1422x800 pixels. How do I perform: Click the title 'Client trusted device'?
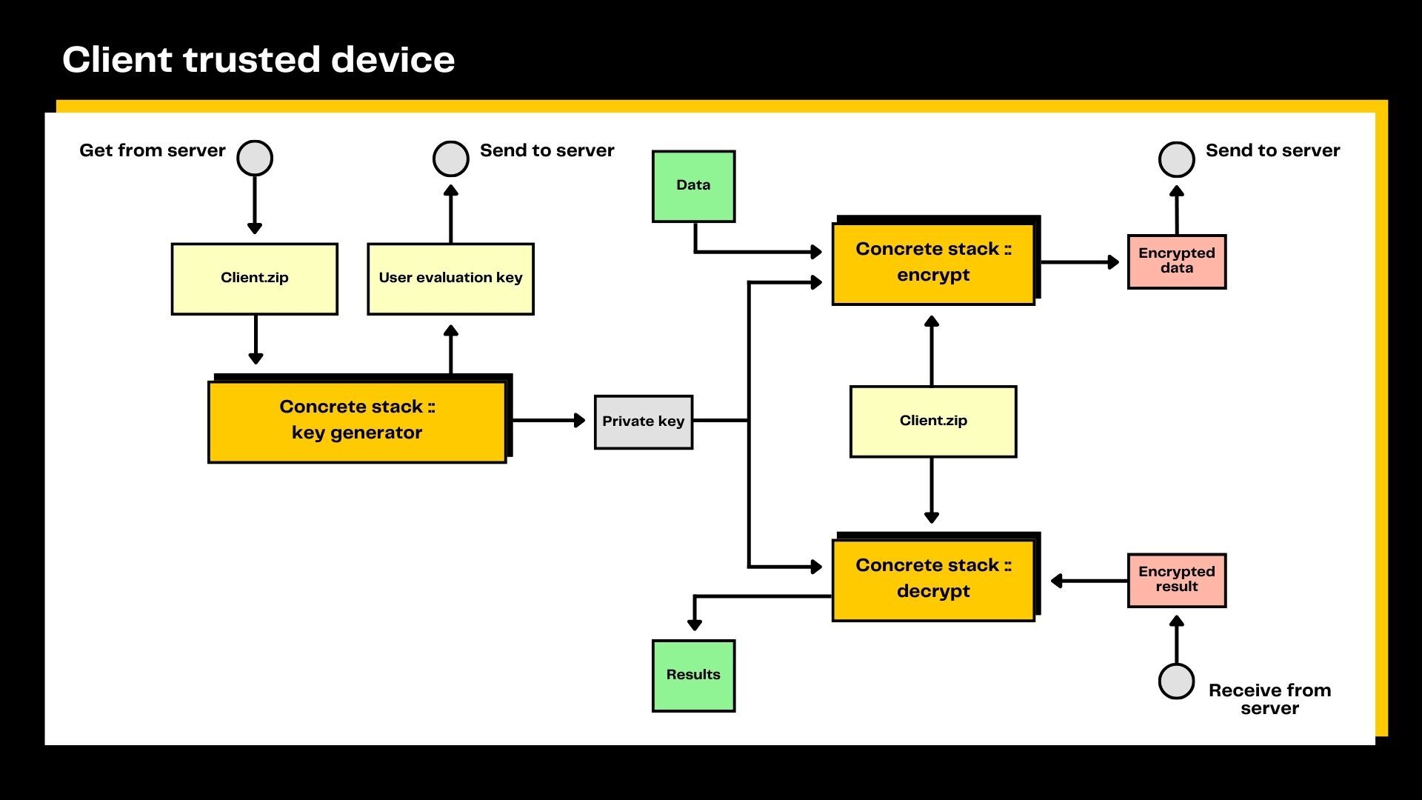point(258,59)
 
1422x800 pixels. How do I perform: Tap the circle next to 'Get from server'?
point(255,159)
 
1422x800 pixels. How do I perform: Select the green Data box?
point(693,186)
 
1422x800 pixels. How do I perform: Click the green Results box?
point(693,676)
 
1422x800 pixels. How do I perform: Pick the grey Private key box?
point(644,421)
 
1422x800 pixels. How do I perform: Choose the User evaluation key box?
point(450,279)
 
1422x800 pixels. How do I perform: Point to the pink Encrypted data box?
point(1177,261)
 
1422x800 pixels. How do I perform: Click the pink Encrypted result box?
point(1177,580)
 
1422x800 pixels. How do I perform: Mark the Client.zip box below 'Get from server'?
point(255,279)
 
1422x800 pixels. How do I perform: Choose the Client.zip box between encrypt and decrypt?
point(933,421)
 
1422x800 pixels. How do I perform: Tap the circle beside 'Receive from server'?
point(1176,681)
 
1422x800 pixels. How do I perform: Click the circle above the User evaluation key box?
point(451,159)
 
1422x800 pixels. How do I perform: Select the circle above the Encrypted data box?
point(1177,159)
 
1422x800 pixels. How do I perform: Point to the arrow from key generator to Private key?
point(549,421)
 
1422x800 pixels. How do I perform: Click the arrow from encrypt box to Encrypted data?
point(1081,261)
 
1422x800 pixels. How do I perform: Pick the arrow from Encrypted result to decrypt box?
point(1089,581)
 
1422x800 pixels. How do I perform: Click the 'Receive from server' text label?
point(1269,699)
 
